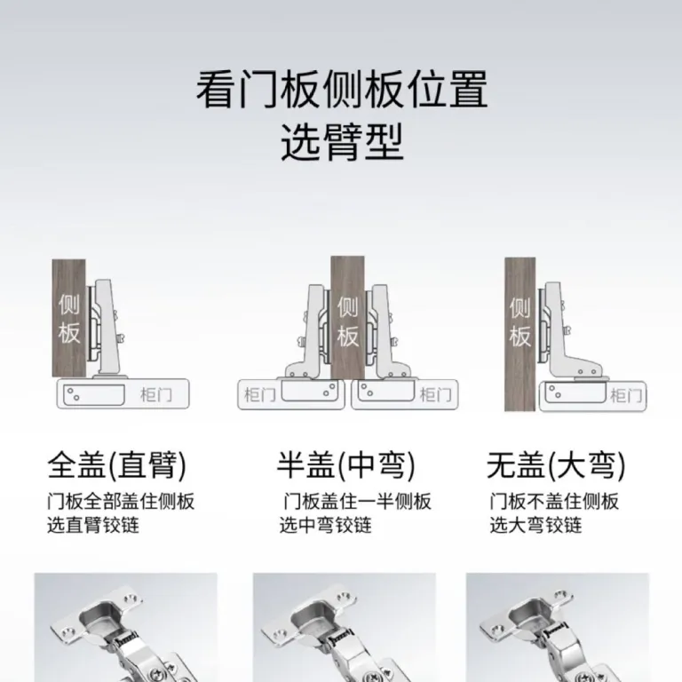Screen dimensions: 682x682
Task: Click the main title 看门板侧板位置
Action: pos(342,90)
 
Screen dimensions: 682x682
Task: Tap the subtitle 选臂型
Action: pos(342,142)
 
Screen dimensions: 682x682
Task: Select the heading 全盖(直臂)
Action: pos(117,465)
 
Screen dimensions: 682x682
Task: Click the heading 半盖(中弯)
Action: pos(346,465)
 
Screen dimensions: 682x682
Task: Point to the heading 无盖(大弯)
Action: pos(556,465)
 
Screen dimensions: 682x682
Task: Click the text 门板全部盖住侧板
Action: pos(121,502)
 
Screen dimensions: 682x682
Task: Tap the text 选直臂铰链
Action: pos(93,525)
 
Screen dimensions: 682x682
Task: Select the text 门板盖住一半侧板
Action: pos(357,502)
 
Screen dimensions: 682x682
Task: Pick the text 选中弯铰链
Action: pos(325,525)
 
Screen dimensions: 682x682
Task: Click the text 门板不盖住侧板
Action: pos(554,502)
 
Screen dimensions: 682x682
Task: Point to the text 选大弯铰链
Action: pos(535,525)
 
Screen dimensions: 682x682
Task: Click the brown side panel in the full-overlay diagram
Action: pos(68,319)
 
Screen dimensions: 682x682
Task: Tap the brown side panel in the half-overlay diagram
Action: pos(347,318)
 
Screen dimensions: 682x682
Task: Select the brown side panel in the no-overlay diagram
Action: pos(519,334)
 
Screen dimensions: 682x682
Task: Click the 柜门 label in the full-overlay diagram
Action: pos(156,395)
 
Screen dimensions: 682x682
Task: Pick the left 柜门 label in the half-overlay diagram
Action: pos(260,395)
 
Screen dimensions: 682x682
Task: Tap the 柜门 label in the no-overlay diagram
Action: pos(626,395)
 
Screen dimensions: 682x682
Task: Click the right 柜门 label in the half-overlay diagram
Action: pos(435,395)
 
